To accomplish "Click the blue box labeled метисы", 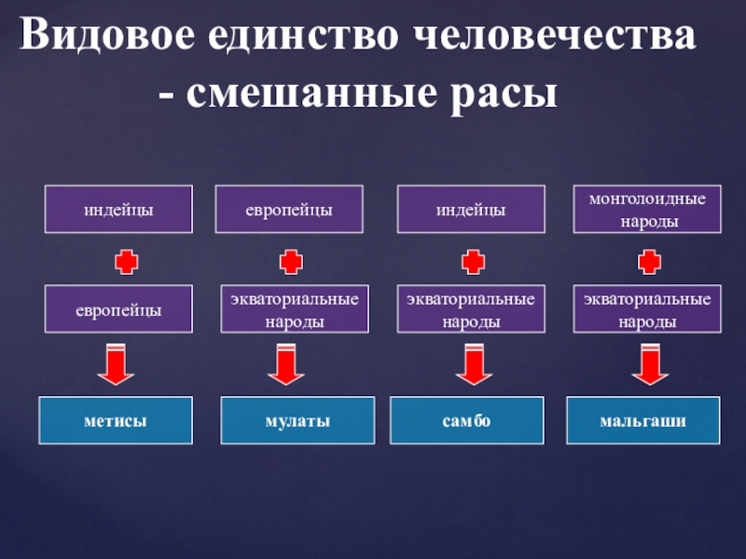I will (116, 420).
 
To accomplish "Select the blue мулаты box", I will (297, 420).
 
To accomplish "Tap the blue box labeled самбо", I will (467, 420).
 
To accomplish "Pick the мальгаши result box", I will (643, 420).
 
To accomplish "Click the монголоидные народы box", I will (646, 210).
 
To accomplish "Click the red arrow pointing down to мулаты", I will (287, 363).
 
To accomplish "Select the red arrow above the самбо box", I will (473, 363).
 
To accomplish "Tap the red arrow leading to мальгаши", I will (651, 363).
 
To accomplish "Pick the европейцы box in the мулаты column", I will (288, 210).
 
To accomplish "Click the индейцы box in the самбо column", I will (471, 210).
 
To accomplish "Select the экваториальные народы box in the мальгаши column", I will (646, 309).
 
